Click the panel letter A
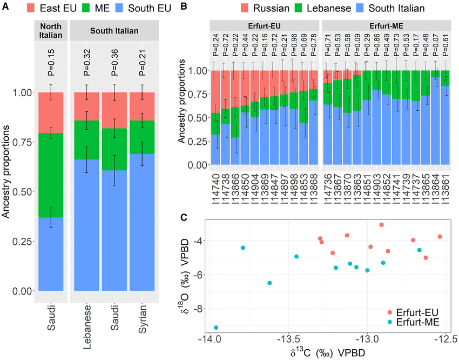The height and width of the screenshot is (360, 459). (x=5, y=6)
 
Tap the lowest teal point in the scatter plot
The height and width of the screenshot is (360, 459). (x=217, y=328)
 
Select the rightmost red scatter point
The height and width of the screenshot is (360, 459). (x=440, y=237)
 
